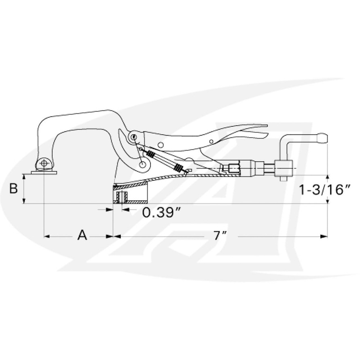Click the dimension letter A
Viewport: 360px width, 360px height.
[83, 235]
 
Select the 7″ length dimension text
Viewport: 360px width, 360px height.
[220, 235]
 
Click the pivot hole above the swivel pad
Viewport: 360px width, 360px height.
[44, 163]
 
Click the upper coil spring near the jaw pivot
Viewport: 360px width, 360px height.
[151, 155]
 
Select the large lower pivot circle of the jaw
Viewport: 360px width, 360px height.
[142, 165]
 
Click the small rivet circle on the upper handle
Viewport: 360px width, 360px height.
[161, 144]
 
